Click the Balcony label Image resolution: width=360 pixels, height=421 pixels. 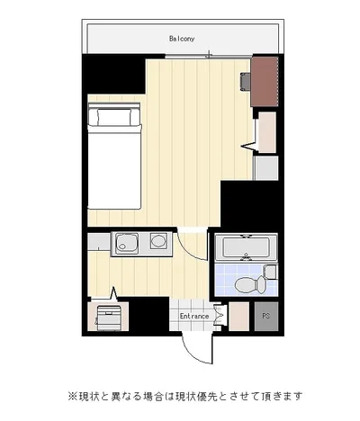pyautogui.click(x=182, y=39)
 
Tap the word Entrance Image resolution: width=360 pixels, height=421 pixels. pyautogui.click(x=194, y=316)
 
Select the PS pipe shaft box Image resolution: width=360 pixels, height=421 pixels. pyautogui.click(x=266, y=316)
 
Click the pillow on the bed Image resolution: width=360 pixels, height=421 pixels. pyautogui.click(x=114, y=117)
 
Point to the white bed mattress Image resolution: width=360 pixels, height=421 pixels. pyautogui.click(x=114, y=167)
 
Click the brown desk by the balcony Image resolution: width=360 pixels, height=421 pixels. pyautogui.click(x=265, y=82)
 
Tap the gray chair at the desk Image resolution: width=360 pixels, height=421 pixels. pyautogui.click(x=246, y=82)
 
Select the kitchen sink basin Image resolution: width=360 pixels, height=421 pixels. pyautogui.click(x=127, y=243)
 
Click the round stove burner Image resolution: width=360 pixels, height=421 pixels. pyautogui.click(x=158, y=241)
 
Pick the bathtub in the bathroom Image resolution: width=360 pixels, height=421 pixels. pyautogui.click(x=246, y=247)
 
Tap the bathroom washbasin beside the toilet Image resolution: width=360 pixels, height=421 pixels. pyautogui.click(x=271, y=272)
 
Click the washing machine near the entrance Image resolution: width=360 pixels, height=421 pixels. pyautogui.click(x=108, y=318)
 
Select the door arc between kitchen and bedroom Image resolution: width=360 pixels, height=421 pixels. pyautogui.click(x=187, y=248)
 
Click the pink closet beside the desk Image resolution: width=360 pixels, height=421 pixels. pyautogui.click(x=267, y=132)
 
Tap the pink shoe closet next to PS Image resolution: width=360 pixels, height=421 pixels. pyautogui.click(x=239, y=317)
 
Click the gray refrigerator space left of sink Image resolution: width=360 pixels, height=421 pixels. pyautogui.click(x=99, y=241)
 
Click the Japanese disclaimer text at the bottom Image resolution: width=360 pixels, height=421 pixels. pyautogui.click(x=184, y=397)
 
